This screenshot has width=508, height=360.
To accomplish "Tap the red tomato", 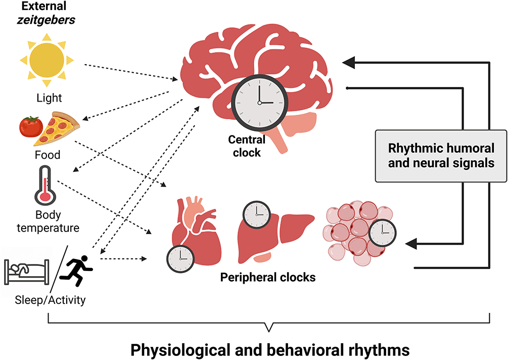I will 31,126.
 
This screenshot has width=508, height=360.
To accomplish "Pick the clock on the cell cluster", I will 382,233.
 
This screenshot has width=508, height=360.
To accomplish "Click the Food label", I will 47,155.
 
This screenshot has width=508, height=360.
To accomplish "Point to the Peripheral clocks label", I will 268,278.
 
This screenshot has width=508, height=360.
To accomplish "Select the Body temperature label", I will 48,221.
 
